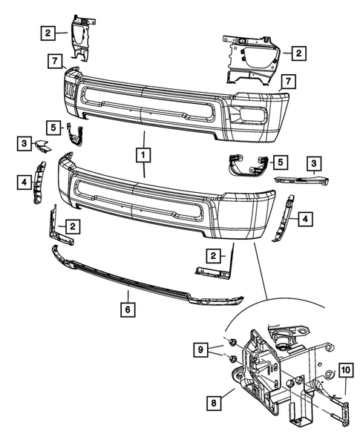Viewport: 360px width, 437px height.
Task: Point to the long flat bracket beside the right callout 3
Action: [x=301, y=179]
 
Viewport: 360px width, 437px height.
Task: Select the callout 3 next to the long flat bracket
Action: [x=315, y=162]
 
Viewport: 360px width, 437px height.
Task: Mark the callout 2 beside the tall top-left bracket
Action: [x=48, y=32]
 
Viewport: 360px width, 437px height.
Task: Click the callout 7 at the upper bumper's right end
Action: [x=287, y=80]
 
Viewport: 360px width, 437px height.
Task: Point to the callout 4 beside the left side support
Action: [x=25, y=180]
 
